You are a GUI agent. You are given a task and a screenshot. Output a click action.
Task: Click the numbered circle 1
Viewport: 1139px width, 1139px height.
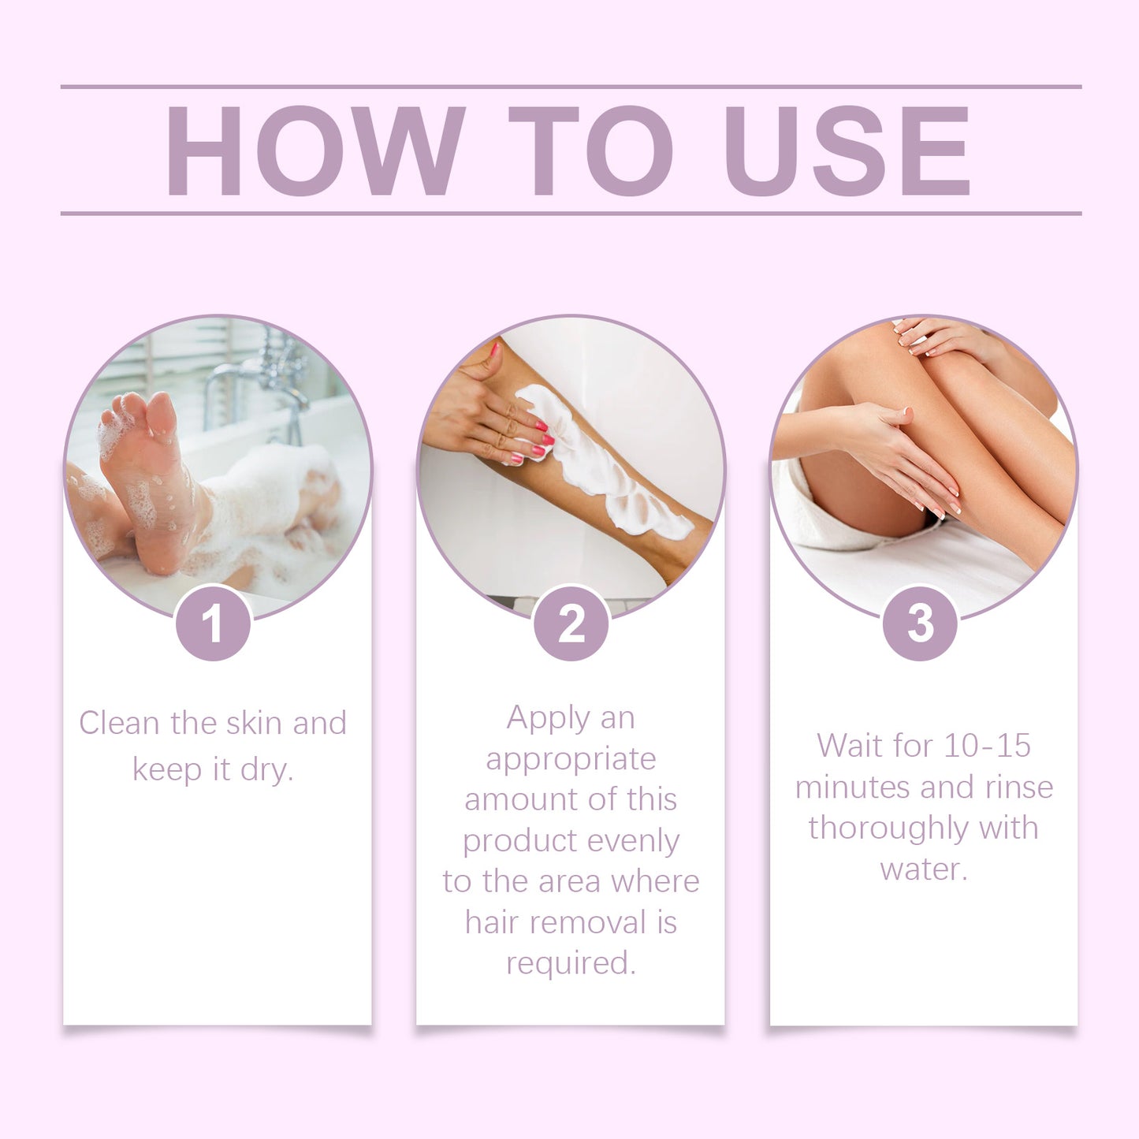[x=213, y=623]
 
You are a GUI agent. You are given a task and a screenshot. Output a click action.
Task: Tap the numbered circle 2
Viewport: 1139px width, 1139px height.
[x=571, y=623]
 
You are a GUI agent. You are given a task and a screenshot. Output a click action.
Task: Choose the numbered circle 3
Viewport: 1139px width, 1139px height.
[x=920, y=623]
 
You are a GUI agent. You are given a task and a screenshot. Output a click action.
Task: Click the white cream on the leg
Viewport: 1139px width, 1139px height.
[x=607, y=465]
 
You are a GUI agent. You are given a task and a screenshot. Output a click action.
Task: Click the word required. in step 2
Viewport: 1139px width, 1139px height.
[x=571, y=963]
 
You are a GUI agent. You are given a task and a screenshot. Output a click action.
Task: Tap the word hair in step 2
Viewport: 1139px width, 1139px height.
[x=489, y=922]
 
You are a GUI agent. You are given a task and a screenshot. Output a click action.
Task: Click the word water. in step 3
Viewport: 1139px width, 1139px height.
[x=923, y=869]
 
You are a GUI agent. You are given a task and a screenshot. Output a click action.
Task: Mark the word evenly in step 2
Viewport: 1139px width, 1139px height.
[x=633, y=841]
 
